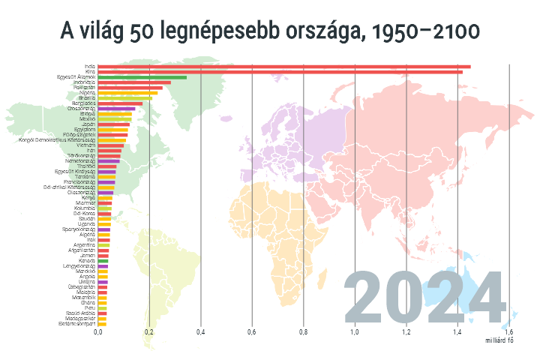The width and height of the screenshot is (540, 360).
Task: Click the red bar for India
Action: pyautogui.click(x=283, y=66)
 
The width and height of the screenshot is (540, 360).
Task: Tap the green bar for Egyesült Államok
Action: pyautogui.click(x=142, y=76)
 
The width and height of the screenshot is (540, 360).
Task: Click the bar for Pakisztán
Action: pyautogui.click(x=130, y=87)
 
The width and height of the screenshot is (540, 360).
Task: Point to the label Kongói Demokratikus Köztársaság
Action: pyautogui.click(x=57, y=139)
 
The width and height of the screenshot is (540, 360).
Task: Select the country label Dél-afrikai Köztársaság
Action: pyautogui.click(x=68, y=187)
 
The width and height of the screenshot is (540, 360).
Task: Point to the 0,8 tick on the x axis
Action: pyautogui.click(x=304, y=331)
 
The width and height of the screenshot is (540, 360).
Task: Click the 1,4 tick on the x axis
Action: pyautogui.click(x=457, y=331)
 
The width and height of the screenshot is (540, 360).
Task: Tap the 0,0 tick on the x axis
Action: pyautogui.click(x=98, y=331)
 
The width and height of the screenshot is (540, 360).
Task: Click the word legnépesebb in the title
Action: pyautogui.click(x=225, y=31)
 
